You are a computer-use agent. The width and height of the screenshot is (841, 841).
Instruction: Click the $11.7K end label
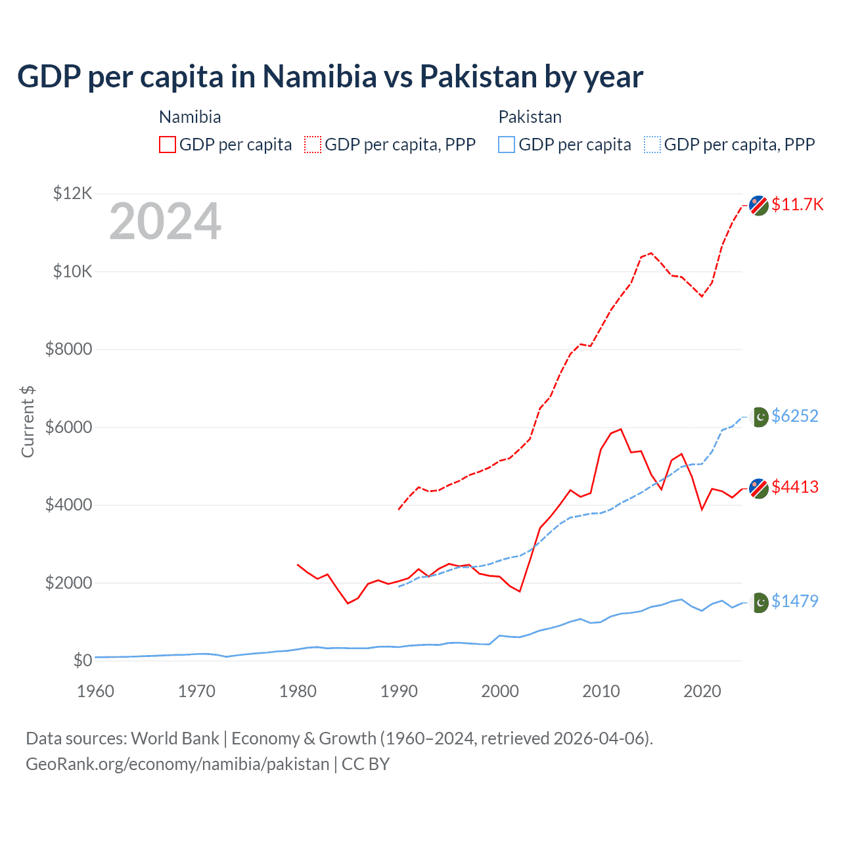[x=797, y=204]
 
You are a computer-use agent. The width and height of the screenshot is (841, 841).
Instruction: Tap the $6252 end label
[x=794, y=416]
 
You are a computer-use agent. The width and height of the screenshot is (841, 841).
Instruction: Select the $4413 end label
[x=794, y=487]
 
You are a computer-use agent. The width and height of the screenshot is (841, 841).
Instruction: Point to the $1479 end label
[x=794, y=601]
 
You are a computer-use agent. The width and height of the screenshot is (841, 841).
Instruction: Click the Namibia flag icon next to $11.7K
[x=759, y=205]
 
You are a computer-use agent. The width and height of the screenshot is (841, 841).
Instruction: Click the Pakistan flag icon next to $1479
[x=760, y=602]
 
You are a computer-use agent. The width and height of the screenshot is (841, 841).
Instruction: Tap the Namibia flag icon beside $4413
[x=759, y=488]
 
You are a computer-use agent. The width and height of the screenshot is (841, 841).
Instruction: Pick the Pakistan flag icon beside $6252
[x=760, y=417]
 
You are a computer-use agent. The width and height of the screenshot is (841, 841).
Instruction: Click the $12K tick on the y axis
[x=72, y=193]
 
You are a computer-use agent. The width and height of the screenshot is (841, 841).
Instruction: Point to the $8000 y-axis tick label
[x=68, y=349]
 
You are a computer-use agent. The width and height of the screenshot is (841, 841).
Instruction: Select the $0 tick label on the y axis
[x=82, y=660]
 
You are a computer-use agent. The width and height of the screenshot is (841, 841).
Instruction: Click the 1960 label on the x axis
[x=95, y=691]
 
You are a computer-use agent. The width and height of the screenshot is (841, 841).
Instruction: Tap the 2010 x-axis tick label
[x=601, y=691]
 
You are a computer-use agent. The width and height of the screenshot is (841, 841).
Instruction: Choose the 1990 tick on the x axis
[x=399, y=691]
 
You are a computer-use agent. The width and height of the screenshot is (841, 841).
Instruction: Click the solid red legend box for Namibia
[x=168, y=145]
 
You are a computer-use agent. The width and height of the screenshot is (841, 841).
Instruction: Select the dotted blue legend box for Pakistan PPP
[x=652, y=145]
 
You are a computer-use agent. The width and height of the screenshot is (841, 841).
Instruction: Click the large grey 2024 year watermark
[x=165, y=222]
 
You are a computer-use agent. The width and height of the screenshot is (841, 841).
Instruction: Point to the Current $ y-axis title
[x=28, y=422]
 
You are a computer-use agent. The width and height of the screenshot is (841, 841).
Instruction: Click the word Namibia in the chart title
[x=320, y=76]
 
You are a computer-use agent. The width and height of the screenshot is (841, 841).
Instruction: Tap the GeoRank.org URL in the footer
[x=177, y=764]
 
